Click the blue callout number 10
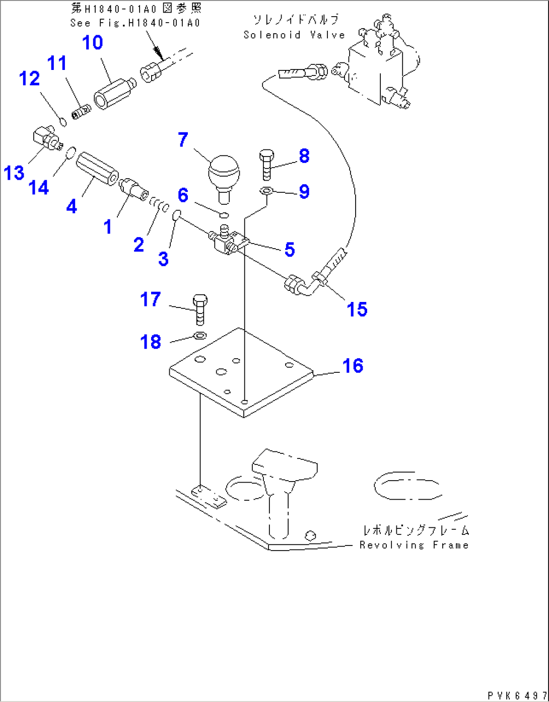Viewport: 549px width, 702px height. tap(93, 43)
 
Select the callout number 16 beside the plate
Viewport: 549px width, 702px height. tap(353, 366)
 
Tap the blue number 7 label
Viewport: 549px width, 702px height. tap(183, 139)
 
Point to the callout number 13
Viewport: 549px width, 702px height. tap(14, 173)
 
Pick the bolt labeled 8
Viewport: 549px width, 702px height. tap(267, 165)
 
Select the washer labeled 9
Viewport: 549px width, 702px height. tap(266, 191)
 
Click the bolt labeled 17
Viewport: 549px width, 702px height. tap(200, 309)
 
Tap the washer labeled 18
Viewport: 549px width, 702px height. tap(200, 336)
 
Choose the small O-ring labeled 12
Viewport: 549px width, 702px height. tap(63, 122)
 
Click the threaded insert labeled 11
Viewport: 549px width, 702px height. tap(81, 112)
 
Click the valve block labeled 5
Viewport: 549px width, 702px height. tap(228, 243)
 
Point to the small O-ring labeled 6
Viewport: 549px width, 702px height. tap(224, 215)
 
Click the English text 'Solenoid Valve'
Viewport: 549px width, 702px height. tap(294, 35)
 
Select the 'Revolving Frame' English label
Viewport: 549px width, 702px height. tap(414, 545)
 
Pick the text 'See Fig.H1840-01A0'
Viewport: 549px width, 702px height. tap(135, 23)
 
